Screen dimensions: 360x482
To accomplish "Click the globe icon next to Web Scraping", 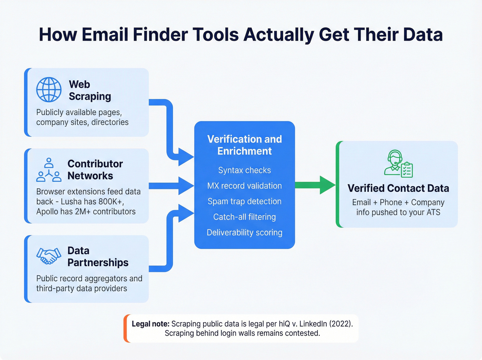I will click(x=49, y=90).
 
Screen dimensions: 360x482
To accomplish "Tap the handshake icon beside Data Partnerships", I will click(x=49, y=256).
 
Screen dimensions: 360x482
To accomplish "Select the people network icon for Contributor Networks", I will click(x=49, y=170).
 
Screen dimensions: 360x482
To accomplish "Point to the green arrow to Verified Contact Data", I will click(x=315, y=185).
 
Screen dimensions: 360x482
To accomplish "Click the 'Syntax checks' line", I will click(x=244, y=170).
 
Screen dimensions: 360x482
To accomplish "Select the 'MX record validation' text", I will click(x=244, y=186).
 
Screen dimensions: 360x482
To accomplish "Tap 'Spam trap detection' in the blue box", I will click(x=244, y=201).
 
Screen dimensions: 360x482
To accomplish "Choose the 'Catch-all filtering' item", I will click(x=244, y=217).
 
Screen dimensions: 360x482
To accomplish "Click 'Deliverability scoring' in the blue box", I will click(x=244, y=233).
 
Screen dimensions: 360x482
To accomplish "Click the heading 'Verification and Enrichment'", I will click(x=244, y=145).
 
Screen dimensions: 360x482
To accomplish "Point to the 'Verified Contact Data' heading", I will click(x=398, y=188).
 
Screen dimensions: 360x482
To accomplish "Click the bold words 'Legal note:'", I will click(x=150, y=324).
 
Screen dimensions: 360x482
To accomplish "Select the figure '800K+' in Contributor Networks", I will click(x=110, y=202).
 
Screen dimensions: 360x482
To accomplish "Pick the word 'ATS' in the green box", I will click(x=433, y=212).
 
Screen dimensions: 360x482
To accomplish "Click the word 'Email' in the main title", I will click(x=105, y=34).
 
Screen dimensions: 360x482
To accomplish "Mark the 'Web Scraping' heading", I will click(x=90, y=90).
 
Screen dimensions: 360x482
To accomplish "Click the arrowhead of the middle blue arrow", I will click(x=187, y=186).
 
